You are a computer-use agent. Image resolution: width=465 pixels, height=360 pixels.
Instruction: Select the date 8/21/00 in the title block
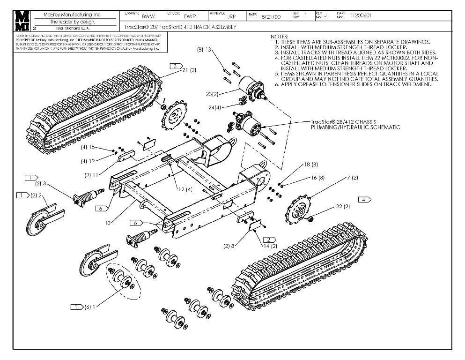(x=271, y=16)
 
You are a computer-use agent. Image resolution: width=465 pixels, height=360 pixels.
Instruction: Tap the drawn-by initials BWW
(x=148, y=16)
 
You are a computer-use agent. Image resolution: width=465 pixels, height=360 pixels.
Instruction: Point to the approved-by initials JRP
(x=231, y=16)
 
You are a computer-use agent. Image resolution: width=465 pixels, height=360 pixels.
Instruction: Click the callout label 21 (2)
(x=190, y=70)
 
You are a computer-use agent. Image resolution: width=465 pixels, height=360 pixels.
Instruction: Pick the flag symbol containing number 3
(x=175, y=66)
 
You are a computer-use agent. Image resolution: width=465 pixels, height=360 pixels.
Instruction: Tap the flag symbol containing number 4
(x=364, y=199)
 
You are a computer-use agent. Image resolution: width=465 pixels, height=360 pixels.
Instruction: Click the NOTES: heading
(x=280, y=37)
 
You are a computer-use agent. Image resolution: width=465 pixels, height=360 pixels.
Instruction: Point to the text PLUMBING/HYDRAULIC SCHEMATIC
(x=355, y=127)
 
